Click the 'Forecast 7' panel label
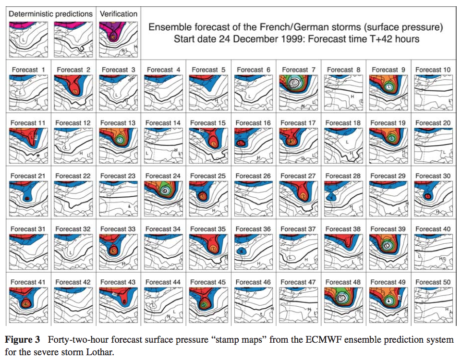(x=298, y=70)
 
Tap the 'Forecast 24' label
(x=163, y=176)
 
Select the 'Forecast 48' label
(x=343, y=282)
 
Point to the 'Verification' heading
(x=119, y=14)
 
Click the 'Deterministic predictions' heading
(x=51, y=14)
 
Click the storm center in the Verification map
(x=113, y=35)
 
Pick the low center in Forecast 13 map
(x=119, y=139)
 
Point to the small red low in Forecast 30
(x=427, y=196)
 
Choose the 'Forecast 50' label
(x=433, y=282)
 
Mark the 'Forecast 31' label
(x=28, y=229)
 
